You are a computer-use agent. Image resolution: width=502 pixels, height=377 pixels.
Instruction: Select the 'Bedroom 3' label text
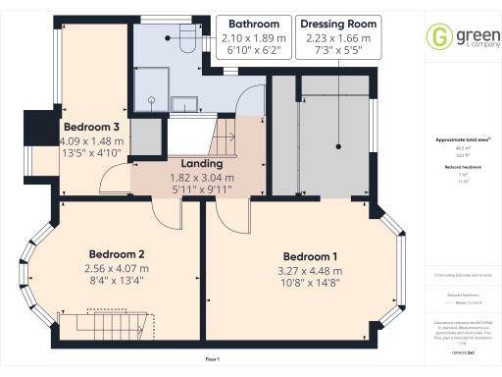[91, 127]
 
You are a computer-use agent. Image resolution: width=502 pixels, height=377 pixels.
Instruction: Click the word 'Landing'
[200, 163]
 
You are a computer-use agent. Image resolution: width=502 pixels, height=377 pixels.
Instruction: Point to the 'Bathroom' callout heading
[226, 23]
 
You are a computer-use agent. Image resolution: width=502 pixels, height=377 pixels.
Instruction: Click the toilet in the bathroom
[187, 40]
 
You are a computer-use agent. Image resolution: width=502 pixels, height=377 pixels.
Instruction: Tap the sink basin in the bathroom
[183, 103]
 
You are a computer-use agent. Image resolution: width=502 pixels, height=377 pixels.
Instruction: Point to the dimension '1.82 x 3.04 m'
[200, 178]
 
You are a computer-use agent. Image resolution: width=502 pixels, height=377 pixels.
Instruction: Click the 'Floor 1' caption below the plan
[213, 360]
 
